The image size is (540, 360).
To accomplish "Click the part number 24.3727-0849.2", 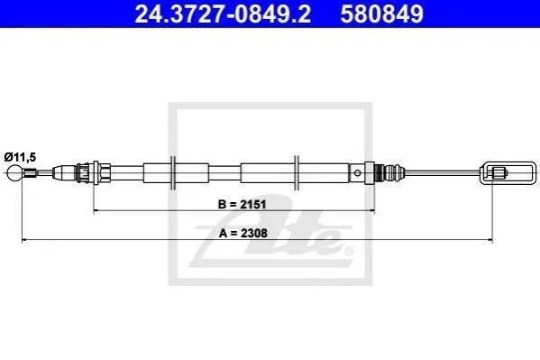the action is [223, 14].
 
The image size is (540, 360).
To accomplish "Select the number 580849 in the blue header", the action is [382, 14].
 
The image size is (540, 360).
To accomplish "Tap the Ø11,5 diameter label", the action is [20, 157].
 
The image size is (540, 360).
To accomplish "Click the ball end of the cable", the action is [15, 172].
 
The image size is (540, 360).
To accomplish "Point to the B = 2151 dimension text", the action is [243, 204].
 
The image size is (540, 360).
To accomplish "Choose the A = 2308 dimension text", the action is [243, 233].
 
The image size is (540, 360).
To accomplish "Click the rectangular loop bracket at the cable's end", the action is [508, 172].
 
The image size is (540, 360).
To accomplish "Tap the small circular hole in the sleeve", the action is [358, 172].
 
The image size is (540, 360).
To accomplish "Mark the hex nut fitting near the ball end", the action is [102, 172].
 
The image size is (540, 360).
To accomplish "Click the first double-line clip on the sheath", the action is [173, 172].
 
